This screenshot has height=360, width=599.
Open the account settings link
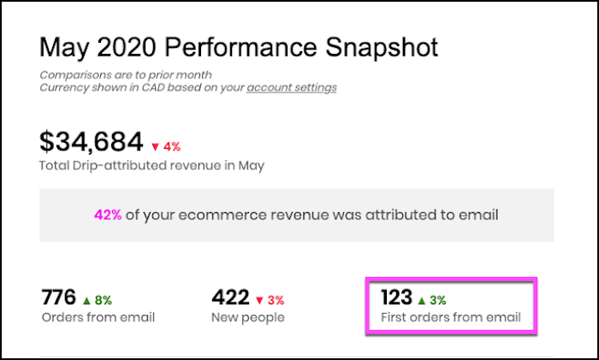(292, 87)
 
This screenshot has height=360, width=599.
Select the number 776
(58, 298)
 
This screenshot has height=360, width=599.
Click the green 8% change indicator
(98, 300)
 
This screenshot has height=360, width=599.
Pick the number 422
(229, 298)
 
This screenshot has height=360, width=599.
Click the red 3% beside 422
(270, 300)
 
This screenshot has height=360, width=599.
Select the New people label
(247, 317)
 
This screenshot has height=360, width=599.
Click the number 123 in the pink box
(396, 298)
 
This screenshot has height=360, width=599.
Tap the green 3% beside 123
(431, 300)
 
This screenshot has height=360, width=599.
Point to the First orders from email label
(450, 318)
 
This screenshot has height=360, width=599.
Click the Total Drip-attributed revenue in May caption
(152, 166)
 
